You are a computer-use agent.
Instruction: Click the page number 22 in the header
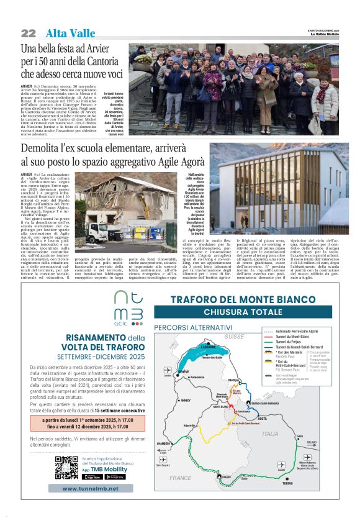pyautogui.click(x=29, y=34)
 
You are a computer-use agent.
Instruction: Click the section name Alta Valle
pyautogui.click(x=69, y=34)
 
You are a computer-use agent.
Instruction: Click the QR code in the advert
pyautogui.click(x=66, y=468)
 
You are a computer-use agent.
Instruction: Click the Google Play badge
pyautogui.click(x=114, y=477)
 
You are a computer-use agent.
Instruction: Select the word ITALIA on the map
pyautogui.click(x=270, y=434)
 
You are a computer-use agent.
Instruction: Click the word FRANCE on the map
pyautogui.click(x=181, y=478)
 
